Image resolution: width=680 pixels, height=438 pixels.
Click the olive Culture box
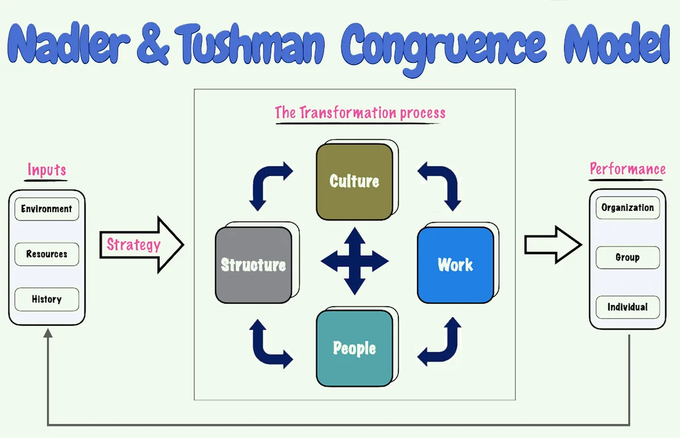[x=354, y=181]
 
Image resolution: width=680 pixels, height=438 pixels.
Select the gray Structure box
[x=253, y=265]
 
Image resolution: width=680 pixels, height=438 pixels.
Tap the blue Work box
[x=455, y=265]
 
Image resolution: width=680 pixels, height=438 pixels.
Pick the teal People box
[x=354, y=348]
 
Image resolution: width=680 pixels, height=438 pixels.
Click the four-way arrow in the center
[x=355, y=261]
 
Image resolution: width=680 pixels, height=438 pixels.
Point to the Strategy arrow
[x=142, y=245]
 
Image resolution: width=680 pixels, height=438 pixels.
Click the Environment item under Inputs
[x=46, y=209]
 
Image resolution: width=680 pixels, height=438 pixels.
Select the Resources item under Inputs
[x=46, y=254]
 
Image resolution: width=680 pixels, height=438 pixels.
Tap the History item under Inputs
[x=46, y=299]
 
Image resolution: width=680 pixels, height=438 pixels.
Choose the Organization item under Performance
[x=627, y=208]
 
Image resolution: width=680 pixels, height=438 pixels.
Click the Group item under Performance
[x=627, y=257]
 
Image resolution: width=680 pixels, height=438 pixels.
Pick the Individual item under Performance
[x=627, y=307]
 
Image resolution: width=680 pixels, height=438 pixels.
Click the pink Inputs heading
[x=46, y=170]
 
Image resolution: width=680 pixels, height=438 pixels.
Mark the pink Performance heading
[x=627, y=169]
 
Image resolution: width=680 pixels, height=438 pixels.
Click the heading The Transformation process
[x=360, y=113]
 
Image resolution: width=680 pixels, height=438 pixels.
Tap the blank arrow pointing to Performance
[x=553, y=245]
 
